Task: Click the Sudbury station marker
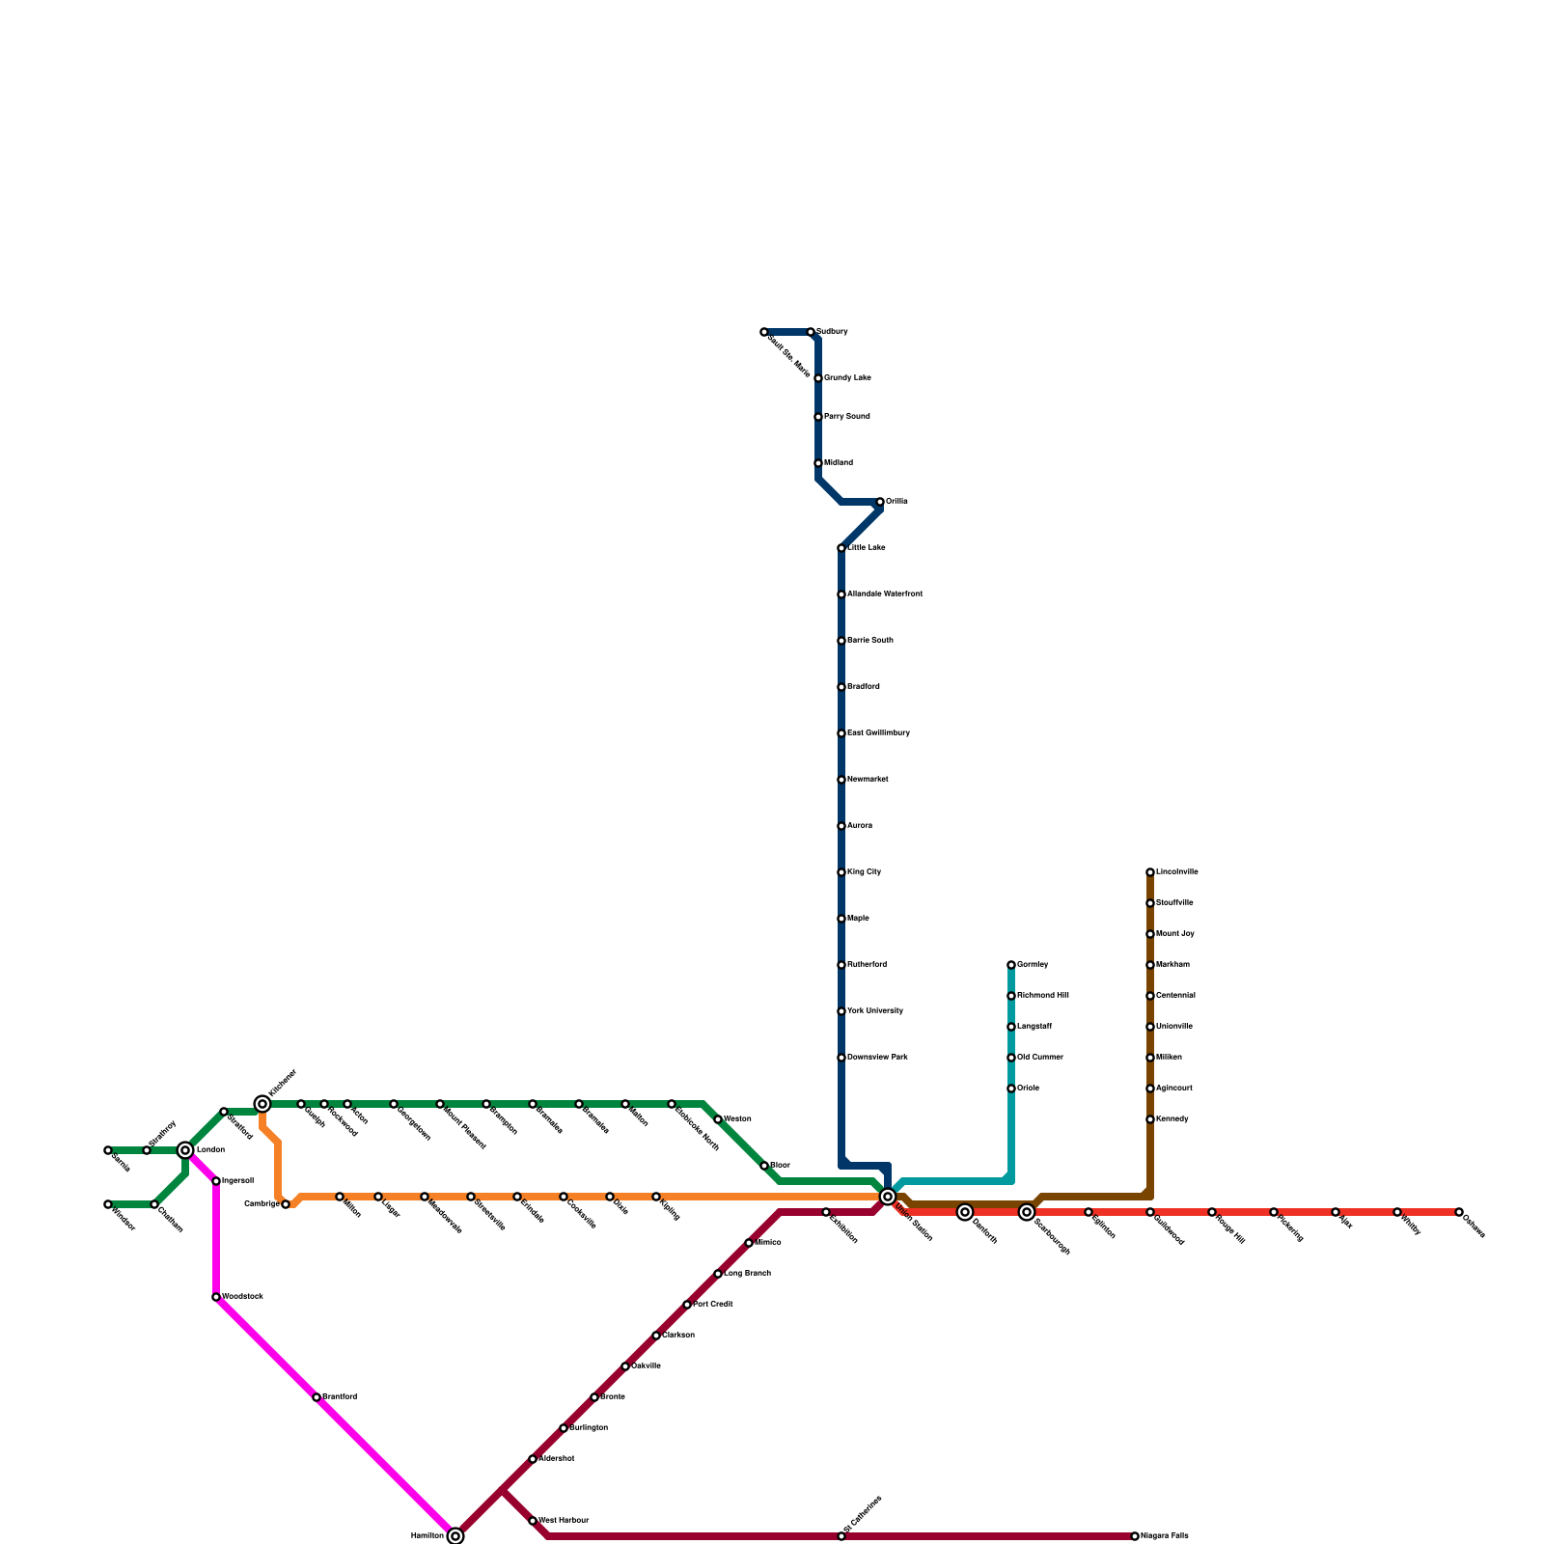click(811, 332)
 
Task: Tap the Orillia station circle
click(880, 502)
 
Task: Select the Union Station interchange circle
click(888, 1197)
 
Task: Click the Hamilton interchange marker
click(455, 1536)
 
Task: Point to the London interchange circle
click(185, 1150)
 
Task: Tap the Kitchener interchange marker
click(262, 1104)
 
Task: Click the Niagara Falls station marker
click(1135, 1536)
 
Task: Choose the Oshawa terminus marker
click(1459, 1212)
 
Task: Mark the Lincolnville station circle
click(1150, 872)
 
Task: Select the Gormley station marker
click(1011, 965)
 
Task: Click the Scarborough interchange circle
click(1027, 1212)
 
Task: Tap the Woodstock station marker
click(216, 1297)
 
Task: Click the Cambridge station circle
click(286, 1204)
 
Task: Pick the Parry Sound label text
click(847, 417)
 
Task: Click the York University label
click(875, 1011)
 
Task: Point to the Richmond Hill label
click(1043, 996)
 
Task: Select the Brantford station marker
click(317, 1397)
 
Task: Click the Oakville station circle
click(625, 1366)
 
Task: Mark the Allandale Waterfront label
click(885, 594)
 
